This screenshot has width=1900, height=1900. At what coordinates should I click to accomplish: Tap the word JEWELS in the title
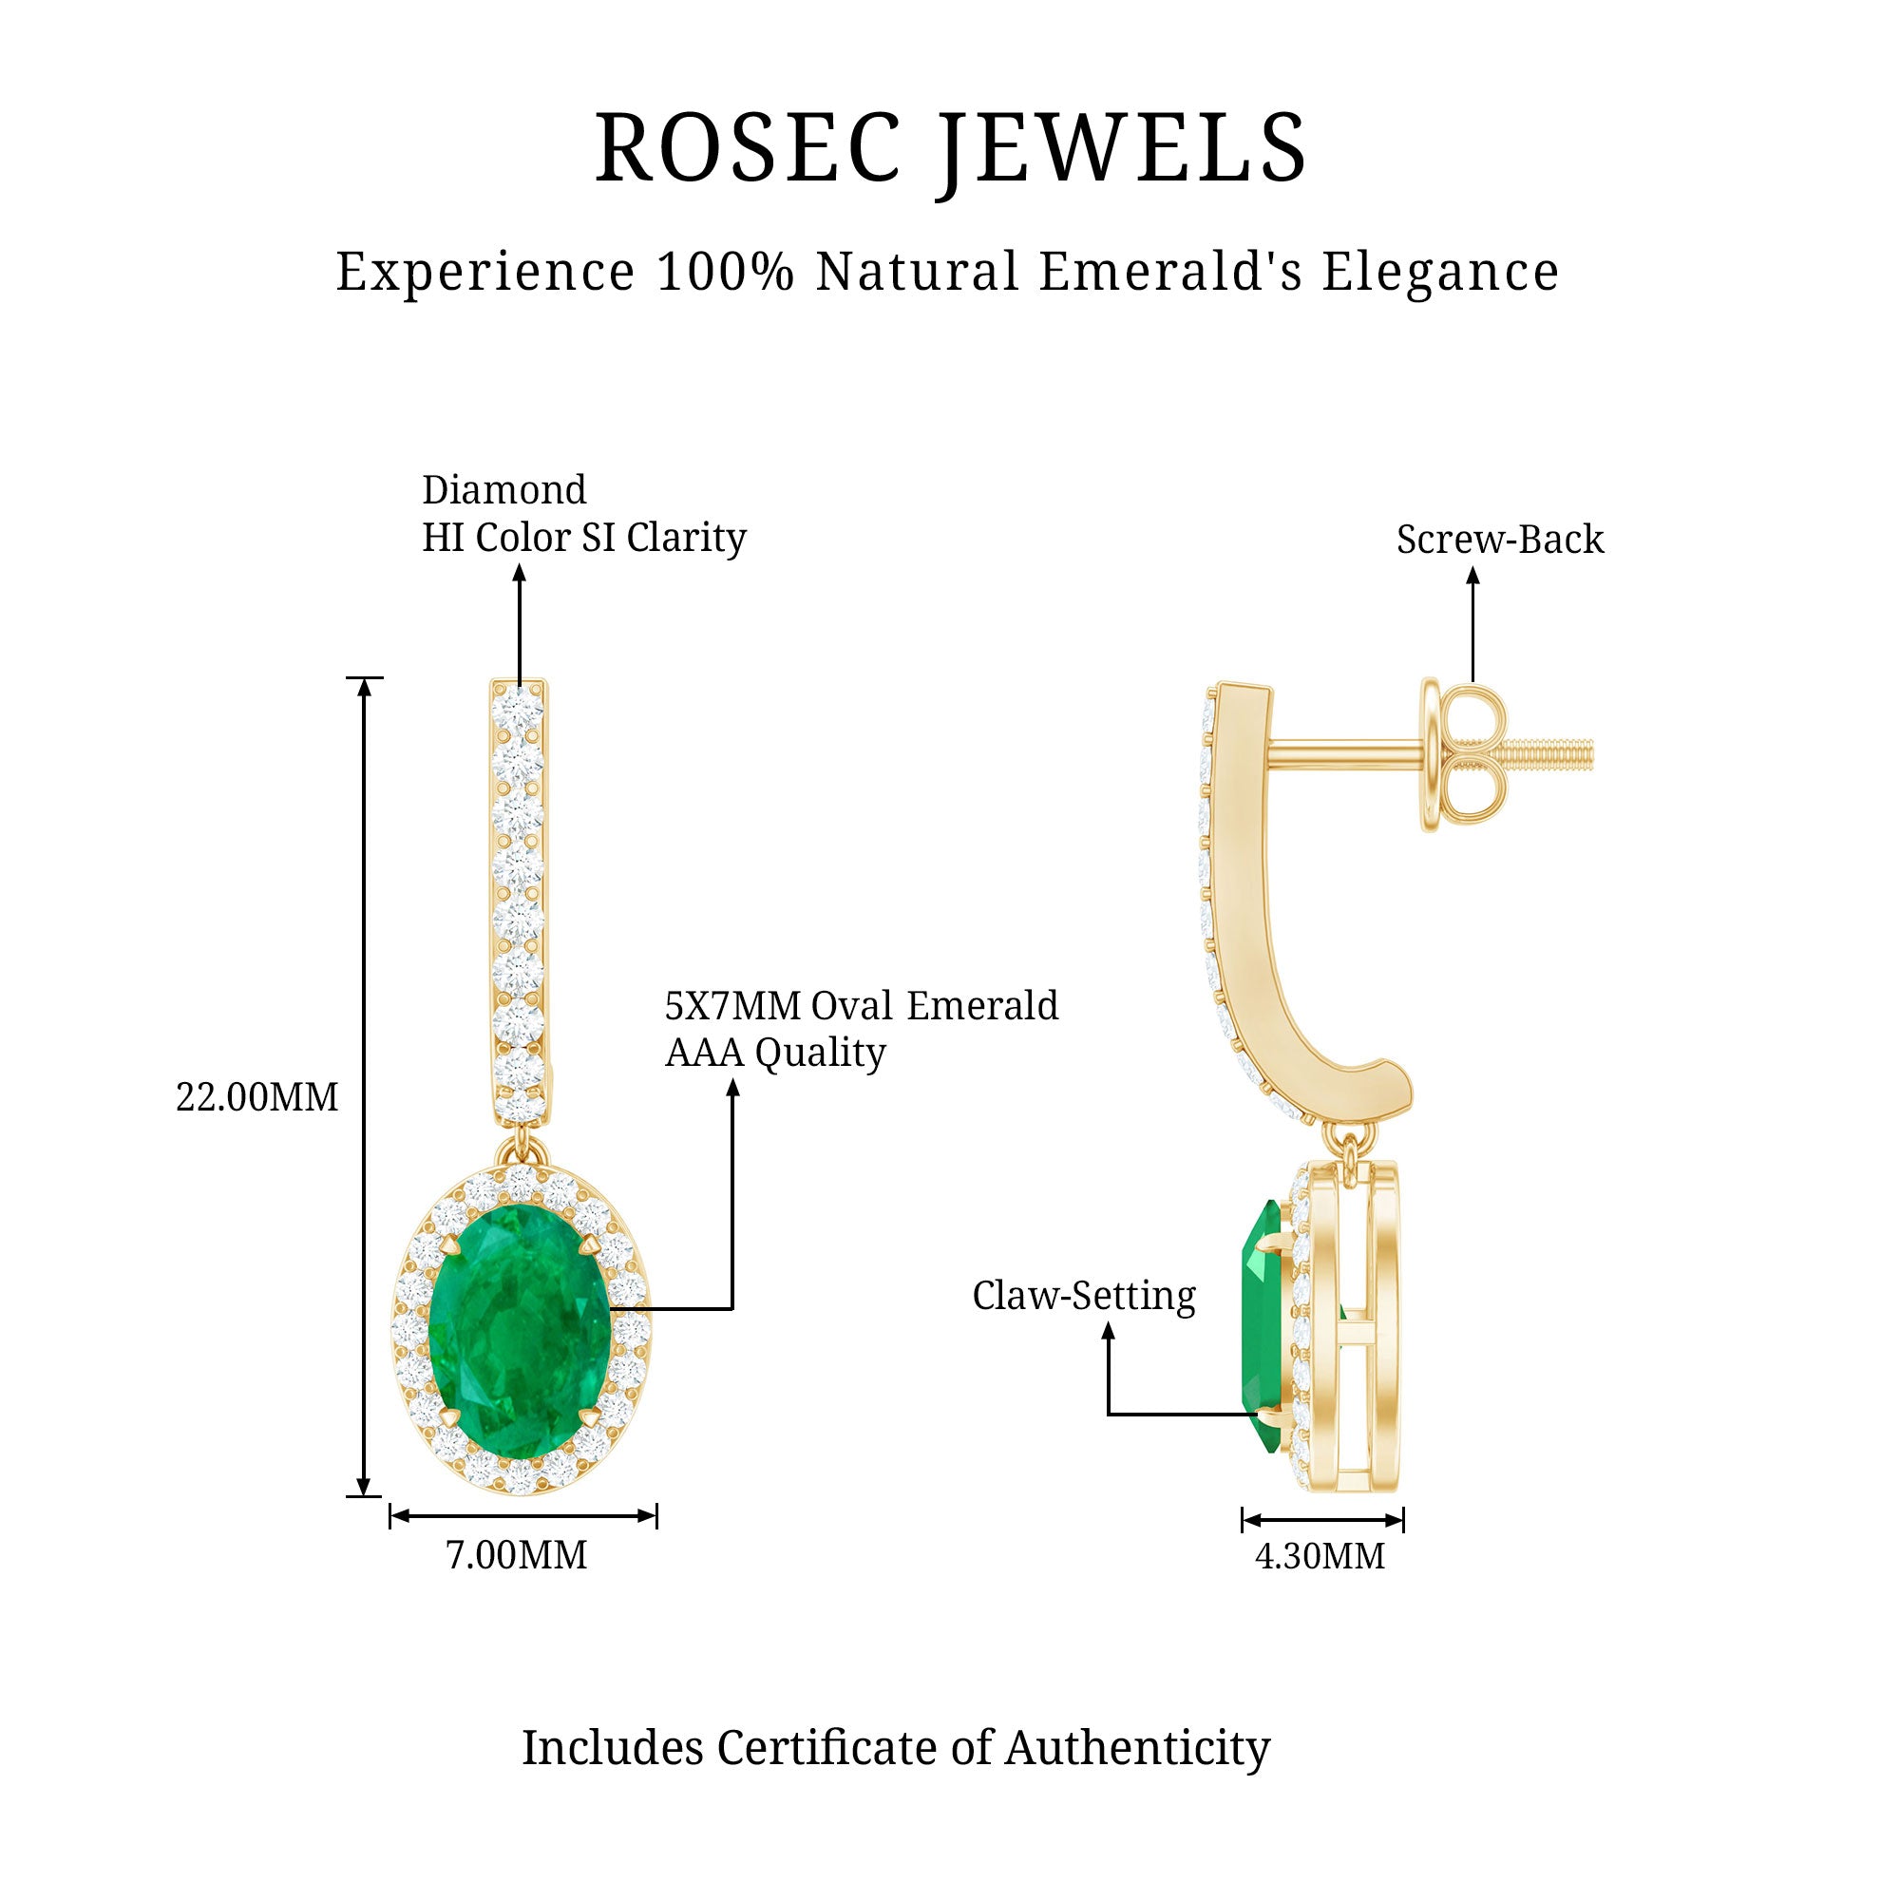1121,148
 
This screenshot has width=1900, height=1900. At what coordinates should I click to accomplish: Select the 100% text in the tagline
725,272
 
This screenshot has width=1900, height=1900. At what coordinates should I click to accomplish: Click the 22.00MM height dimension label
256,1096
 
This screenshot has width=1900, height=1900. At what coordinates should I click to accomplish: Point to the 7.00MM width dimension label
516,1555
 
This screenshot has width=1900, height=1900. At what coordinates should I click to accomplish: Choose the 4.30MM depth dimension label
1320,1556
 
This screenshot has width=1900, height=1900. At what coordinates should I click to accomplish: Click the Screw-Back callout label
1500,539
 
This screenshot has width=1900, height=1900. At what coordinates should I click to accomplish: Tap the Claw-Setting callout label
1084,1295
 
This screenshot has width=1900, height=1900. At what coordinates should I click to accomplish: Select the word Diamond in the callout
503,490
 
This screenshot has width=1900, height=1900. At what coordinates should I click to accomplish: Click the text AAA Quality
775,1053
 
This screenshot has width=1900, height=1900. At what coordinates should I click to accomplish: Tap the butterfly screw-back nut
1463,755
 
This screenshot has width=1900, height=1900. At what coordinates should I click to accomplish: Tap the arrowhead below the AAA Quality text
732,1085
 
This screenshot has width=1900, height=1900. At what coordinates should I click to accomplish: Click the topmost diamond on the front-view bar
519,709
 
